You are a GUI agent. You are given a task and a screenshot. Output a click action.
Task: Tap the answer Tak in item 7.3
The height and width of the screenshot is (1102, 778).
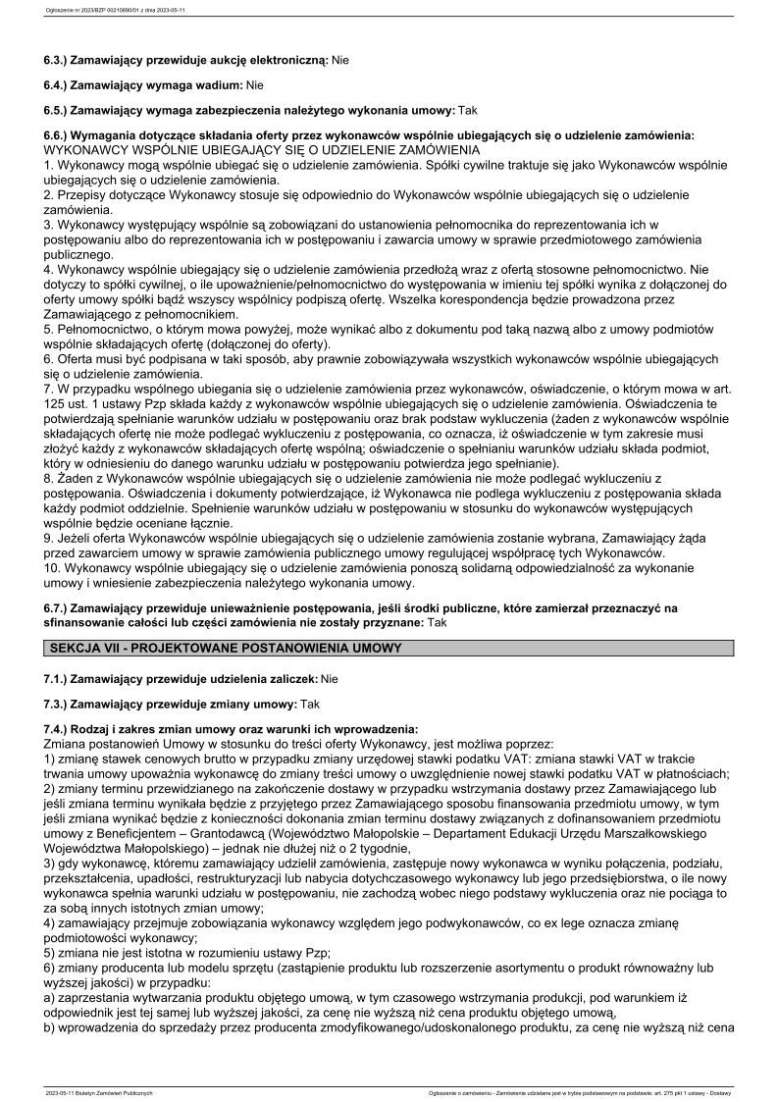coord(310,705)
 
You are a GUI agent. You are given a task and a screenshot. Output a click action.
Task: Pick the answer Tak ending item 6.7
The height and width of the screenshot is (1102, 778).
coord(438,622)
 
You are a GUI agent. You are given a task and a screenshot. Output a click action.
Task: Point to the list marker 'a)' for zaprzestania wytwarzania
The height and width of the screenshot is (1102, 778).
coord(50,996)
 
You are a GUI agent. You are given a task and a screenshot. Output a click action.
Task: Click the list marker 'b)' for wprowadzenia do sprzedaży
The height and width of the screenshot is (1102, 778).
coord(50,1026)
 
